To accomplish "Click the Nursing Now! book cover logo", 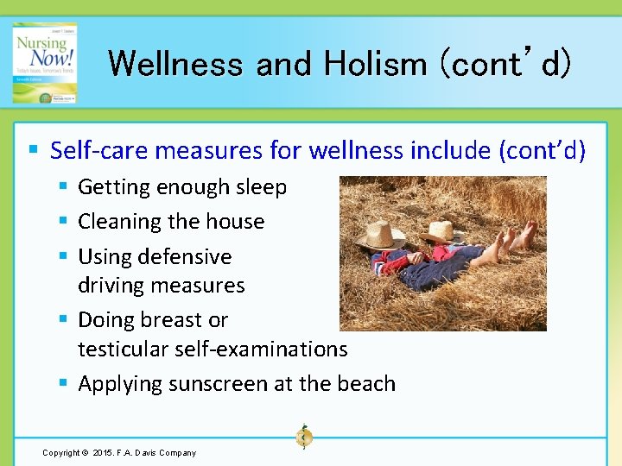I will coord(44,62).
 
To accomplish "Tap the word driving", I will coord(110,286).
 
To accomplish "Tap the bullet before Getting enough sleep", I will coord(65,186).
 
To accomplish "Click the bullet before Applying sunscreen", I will coord(65,383).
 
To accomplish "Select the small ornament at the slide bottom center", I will coord(304,438).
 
